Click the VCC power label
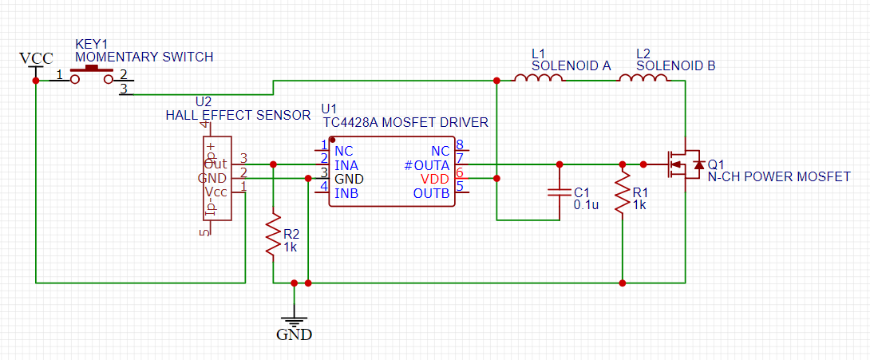pos(36,58)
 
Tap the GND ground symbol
pos(294,327)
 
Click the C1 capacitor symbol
pos(559,192)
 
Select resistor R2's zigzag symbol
pos(273,234)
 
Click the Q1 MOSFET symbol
pos(683,164)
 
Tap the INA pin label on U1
pos(346,164)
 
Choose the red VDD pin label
pos(435,178)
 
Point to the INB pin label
pos(346,192)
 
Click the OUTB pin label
pos(432,192)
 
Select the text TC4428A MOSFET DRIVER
pos(405,122)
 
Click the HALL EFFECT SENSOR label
pos(238,115)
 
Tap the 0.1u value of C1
pos(587,205)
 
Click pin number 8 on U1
pos(460,144)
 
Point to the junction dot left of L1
pos(496,80)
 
